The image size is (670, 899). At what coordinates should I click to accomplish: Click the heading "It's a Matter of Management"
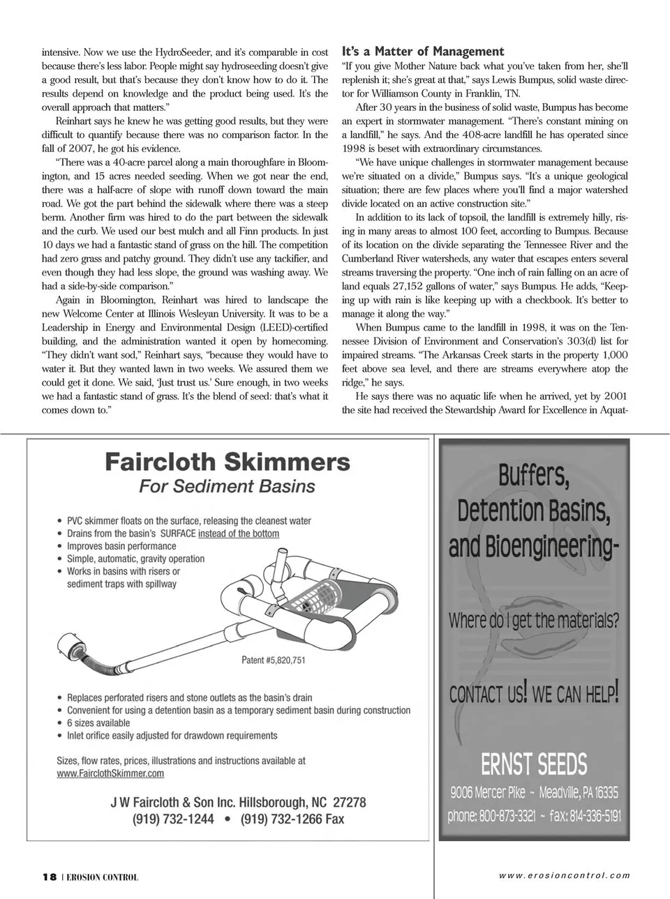[x=422, y=52]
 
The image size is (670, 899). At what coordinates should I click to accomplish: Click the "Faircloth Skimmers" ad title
[x=228, y=462]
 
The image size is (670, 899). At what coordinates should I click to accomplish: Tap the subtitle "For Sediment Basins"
[x=227, y=486]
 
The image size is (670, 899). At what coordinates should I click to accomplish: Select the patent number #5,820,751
[x=274, y=660]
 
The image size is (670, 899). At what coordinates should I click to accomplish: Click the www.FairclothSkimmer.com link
[x=110, y=773]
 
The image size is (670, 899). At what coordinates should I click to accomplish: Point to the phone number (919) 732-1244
[x=173, y=819]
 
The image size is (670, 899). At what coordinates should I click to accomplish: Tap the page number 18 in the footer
[x=49, y=877]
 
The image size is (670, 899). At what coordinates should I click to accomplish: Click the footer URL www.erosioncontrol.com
[x=564, y=876]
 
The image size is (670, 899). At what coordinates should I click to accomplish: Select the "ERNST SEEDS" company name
[x=534, y=764]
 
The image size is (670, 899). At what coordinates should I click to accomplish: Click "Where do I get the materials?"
[x=534, y=620]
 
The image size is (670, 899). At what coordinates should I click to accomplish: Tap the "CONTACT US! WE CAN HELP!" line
[x=534, y=694]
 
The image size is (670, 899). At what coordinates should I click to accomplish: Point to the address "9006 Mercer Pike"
[x=488, y=792]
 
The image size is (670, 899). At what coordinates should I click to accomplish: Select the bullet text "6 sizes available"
[x=98, y=723]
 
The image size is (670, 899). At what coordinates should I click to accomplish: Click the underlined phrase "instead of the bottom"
[x=239, y=534]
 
